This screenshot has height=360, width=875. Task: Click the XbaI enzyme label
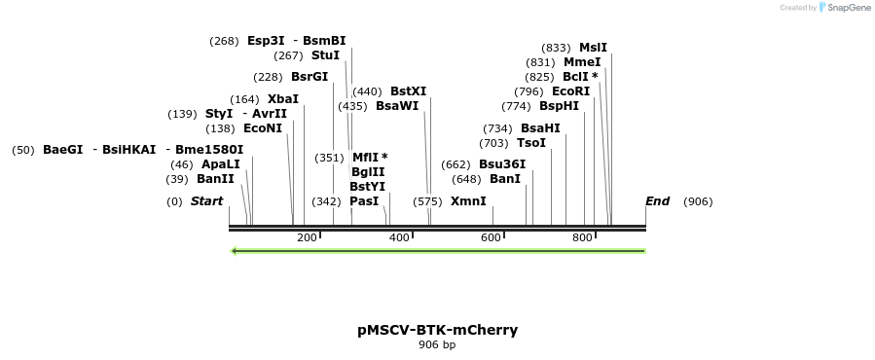coord(283,99)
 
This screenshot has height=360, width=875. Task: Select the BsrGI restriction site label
coord(310,77)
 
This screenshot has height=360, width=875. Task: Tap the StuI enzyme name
coord(325,55)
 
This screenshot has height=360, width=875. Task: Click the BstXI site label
coord(408,91)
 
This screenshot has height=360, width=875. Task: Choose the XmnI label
coord(468,201)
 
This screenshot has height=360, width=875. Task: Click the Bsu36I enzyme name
coord(502,164)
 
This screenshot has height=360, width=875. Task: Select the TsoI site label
coord(531,143)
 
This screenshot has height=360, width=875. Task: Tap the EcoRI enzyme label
coord(571,91)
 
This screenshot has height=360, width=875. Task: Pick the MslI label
coord(593,48)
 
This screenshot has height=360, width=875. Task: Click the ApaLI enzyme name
coord(221,164)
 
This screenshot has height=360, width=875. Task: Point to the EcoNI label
coord(263,128)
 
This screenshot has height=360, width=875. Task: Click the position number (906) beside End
coord(698,201)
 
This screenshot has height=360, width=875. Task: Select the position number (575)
coord(427,201)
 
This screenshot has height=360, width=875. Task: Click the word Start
coord(206,201)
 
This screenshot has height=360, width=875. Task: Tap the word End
coord(657,201)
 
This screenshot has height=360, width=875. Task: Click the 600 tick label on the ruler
coord(491,237)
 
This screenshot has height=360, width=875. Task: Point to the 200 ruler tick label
coord(307,237)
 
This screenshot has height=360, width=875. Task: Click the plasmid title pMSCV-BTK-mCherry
coord(437,330)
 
